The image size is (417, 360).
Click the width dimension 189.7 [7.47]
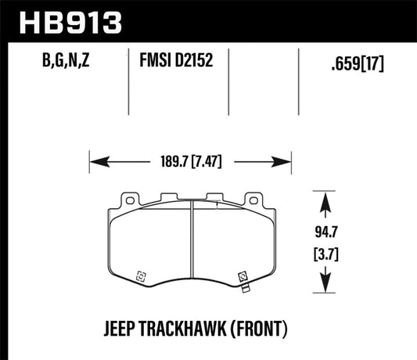192,164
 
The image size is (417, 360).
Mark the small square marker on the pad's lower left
142,275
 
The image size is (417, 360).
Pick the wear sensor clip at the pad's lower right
243,278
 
